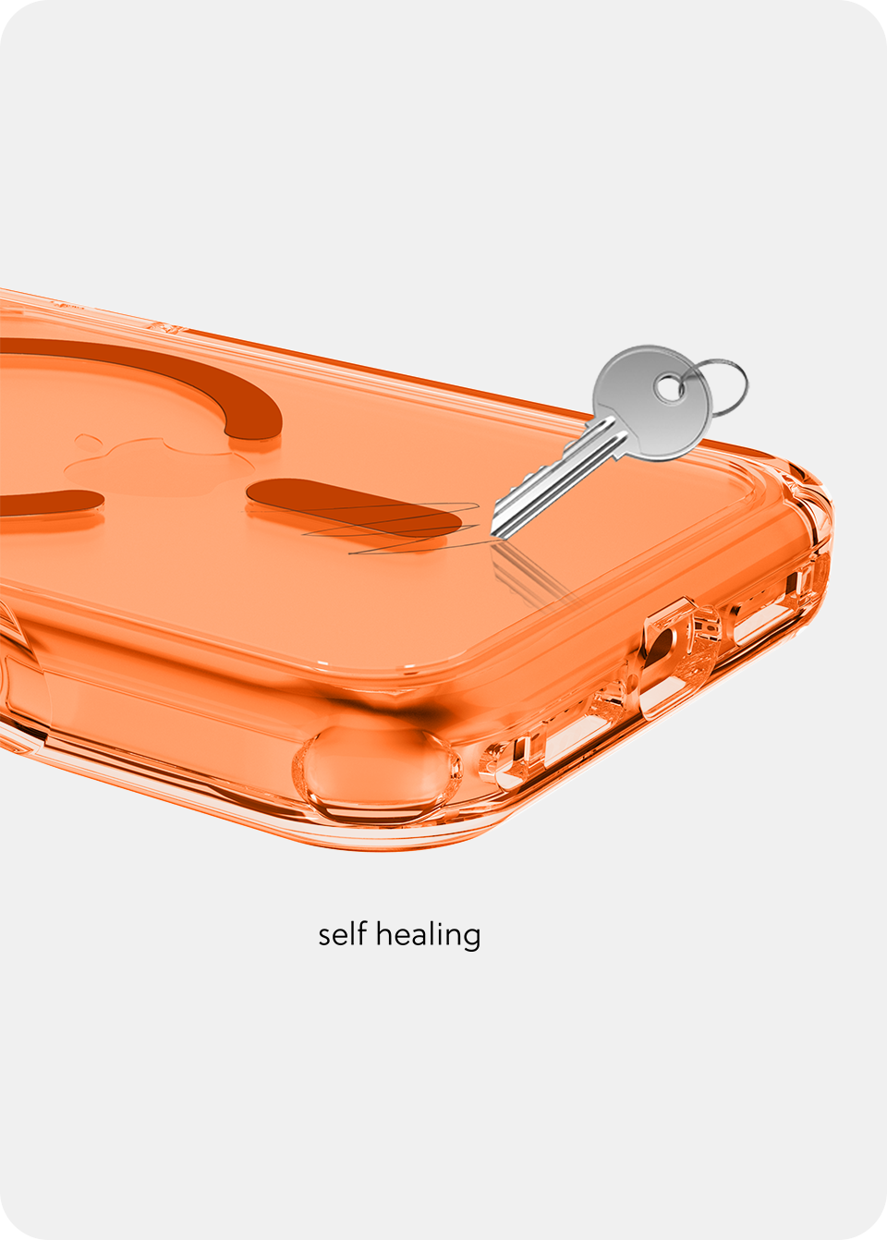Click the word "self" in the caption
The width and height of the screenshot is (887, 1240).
coord(342,934)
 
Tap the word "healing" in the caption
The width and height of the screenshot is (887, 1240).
coord(428,936)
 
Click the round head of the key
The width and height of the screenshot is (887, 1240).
coord(652,403)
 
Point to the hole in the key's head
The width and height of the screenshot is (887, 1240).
coord(668,389)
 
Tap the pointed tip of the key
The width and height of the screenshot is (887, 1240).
coord(492,535)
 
